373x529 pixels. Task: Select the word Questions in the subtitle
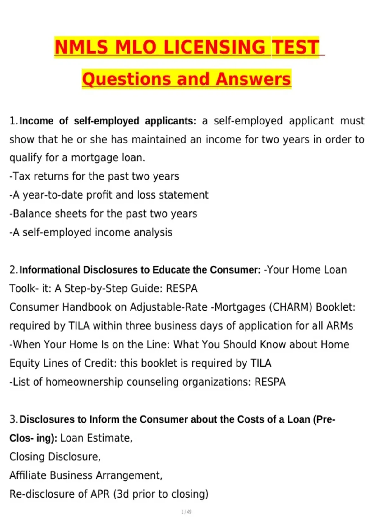(127, 79)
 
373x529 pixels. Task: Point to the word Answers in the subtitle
(253, 79)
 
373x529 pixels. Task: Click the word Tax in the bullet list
(21, 176)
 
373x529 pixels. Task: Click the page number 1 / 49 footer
(186, 512)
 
